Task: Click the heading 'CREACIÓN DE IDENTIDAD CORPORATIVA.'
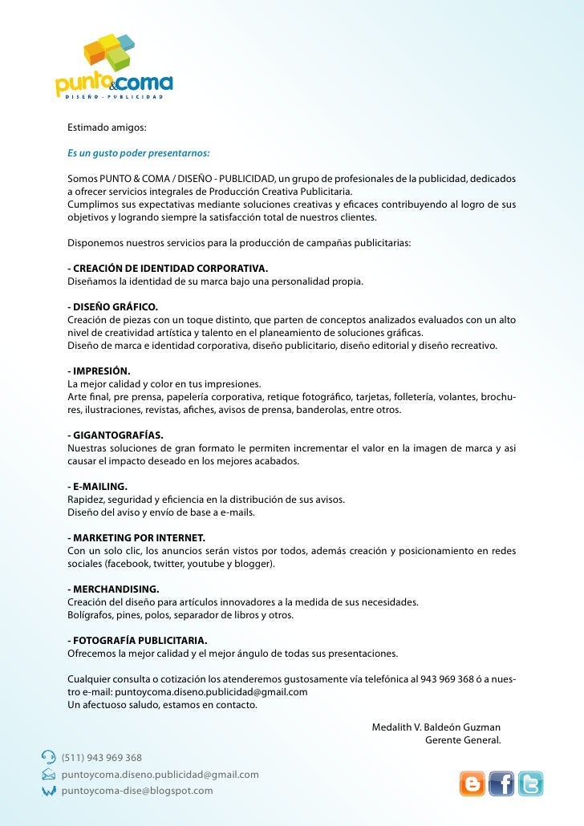pos(168,269)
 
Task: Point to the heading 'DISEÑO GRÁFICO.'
pos(113,307)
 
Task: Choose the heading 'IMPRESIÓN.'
pos(99,371)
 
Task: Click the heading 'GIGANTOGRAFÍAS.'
pos(116,435)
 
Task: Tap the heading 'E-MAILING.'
pos(97,486)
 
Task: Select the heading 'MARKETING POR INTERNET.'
pos(136,537)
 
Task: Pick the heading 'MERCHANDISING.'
pos(113,589)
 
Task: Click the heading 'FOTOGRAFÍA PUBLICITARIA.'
pos(137,640)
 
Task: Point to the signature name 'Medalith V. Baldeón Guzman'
pos(436,727)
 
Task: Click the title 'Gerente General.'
pos(463,739)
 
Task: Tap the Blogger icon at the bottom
pos(472,783)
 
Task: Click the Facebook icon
pos(501,783)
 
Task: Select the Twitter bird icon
pos(529,783)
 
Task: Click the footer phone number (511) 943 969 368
pos(102,758)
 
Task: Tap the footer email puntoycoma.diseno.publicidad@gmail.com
pos(160,775)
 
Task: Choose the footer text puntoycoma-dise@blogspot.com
pos(137,791)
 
